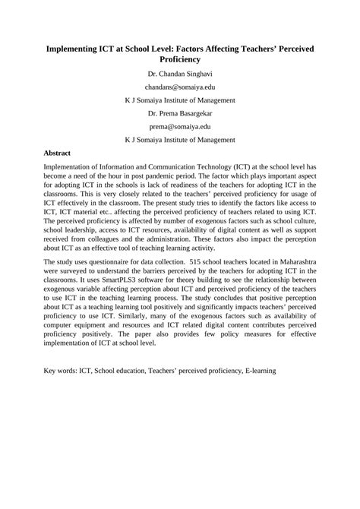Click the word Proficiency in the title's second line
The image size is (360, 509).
(x=180, y=59)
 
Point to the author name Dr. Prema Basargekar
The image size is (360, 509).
(x=180, y=113)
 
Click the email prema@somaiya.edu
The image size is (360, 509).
(x=180, y=127)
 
